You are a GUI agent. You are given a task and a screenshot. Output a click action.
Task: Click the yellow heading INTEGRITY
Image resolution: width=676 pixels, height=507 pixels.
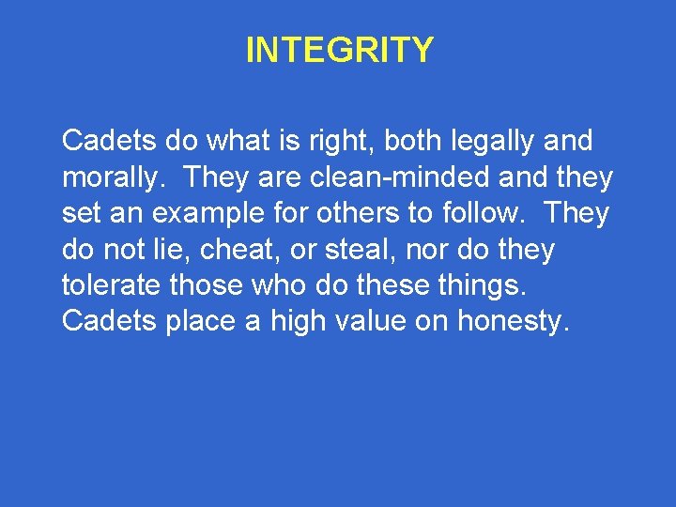point(339,50)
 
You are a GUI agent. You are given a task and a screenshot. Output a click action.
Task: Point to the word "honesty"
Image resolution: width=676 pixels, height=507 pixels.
point(514,321)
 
